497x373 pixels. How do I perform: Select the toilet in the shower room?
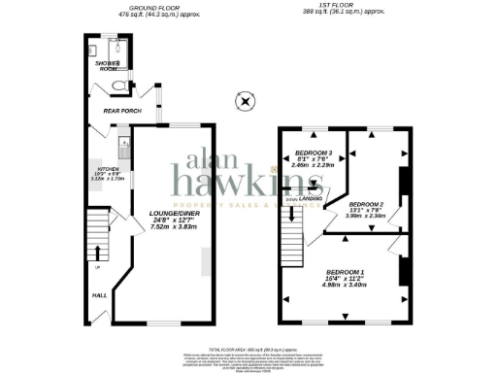(x=118, y=86)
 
